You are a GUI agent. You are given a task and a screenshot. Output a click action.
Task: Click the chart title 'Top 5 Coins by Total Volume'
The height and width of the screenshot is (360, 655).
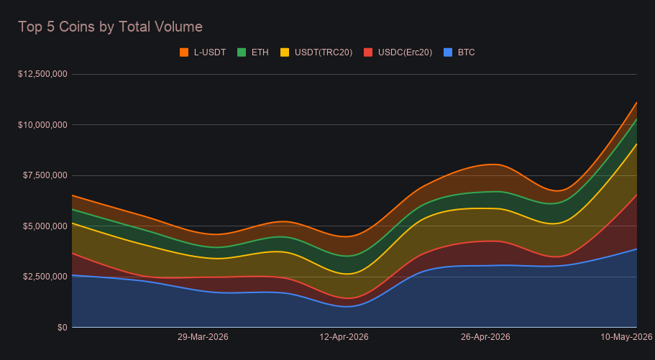(x=110, y=27)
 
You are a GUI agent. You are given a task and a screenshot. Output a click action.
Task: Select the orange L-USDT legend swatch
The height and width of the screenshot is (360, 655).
(x=184, y=52)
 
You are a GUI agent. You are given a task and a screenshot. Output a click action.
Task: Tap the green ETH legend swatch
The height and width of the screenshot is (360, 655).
(x=242, y=52)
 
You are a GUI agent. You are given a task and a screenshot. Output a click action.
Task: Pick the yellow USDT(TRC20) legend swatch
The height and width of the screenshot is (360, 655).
(x=285, y=52)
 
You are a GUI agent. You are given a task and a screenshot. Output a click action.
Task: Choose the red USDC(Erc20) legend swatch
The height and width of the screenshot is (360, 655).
(x=368, y=52)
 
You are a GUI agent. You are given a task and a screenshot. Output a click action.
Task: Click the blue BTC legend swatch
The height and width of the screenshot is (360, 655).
(x=448, y=52)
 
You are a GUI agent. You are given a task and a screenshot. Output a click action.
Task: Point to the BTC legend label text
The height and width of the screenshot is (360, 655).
(x=466, y=52)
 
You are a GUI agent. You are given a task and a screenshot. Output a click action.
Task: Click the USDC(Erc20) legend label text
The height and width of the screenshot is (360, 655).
(x=406, y=52)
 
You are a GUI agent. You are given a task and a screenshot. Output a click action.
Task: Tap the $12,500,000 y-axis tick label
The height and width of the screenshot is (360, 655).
(x=42, y=74)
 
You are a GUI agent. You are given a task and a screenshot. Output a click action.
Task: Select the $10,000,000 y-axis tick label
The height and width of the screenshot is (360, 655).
(x=42, y=125)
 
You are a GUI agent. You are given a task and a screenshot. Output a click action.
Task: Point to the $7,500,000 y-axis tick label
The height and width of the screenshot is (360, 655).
(x=45, y=175)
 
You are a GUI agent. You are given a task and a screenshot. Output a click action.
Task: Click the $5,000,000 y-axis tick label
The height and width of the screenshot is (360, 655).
(x=45, y=226)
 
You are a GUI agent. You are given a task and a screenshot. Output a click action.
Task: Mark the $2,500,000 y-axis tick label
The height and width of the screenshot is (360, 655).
(x=45, y=277)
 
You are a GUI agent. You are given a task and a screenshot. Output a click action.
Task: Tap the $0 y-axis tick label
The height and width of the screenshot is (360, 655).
(x=63, y=328)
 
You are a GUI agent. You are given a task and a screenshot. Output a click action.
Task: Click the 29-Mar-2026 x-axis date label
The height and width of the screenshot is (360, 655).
(x=203, y=337)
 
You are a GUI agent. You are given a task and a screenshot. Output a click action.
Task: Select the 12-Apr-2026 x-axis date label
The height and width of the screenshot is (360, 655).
(x=344, y=337)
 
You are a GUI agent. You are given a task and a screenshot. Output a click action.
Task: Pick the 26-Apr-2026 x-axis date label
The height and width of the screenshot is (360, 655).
(x=485, y=337)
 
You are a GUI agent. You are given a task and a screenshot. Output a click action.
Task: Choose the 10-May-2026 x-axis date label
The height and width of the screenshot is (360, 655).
(x=626, y=337)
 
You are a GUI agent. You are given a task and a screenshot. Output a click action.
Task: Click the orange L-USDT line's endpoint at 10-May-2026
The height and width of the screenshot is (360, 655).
(x=636, y=102)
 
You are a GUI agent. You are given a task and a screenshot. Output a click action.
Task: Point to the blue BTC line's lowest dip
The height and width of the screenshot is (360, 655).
(x=347, y=307)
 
